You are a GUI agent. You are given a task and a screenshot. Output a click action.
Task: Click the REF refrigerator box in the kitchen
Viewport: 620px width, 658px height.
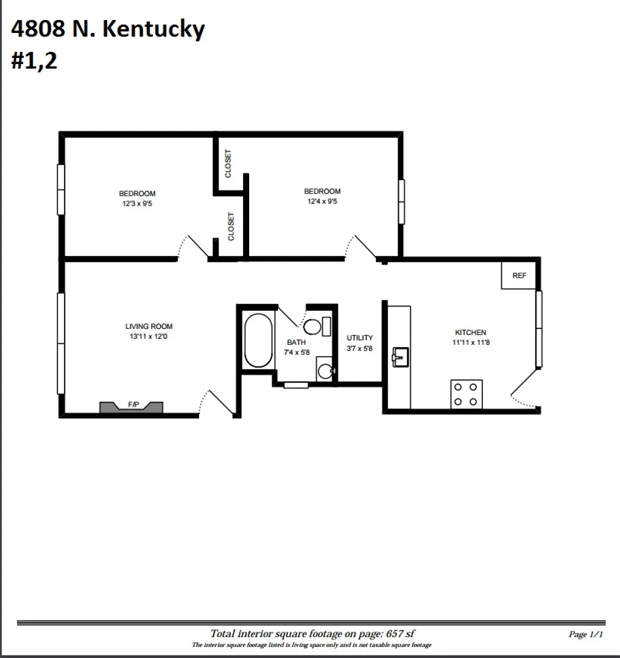tap(519, 275)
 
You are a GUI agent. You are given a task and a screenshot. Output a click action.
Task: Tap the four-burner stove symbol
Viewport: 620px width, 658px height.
tap(467, 394)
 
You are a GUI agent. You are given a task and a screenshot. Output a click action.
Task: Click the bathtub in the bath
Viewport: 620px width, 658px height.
tap(258, 341)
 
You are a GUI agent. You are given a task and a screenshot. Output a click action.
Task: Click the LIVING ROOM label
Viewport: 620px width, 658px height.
tap(149, 327)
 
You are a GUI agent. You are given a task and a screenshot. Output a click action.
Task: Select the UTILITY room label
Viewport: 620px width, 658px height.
tap(359, 338)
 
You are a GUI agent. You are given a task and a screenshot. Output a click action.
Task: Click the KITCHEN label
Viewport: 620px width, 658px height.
tap(470, 333)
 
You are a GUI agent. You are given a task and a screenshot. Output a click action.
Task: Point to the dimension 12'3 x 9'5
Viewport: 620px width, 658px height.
tap(136, 203)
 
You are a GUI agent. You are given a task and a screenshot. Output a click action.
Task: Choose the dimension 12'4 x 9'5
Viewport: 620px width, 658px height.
tap(322, 201)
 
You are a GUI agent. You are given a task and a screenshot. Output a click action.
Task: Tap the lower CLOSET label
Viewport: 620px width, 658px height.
tap(231, 226)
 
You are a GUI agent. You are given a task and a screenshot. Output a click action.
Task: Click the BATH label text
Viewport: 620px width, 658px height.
tap(296, 342)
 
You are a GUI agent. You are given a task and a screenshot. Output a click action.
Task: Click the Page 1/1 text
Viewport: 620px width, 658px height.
tap(585, 634)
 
